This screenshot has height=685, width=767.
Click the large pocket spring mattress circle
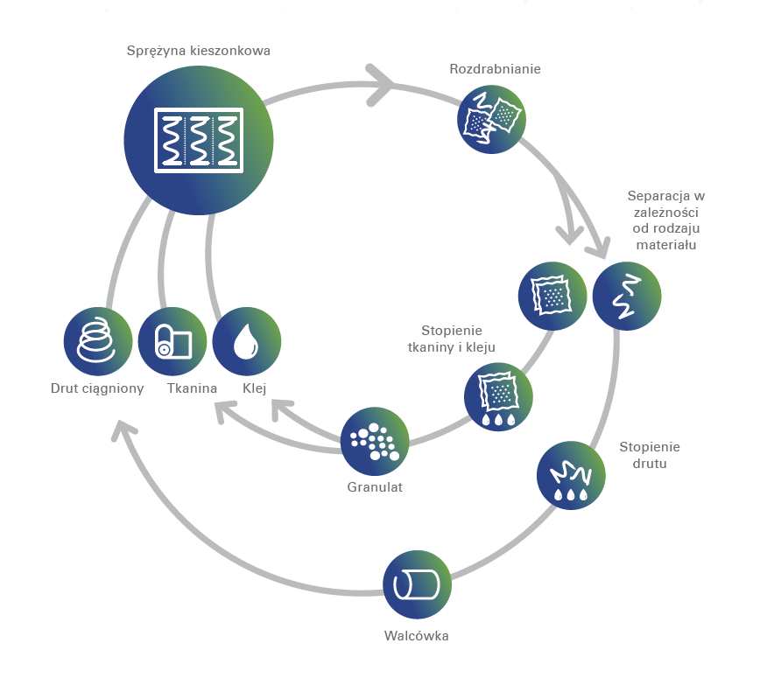coord(199,140)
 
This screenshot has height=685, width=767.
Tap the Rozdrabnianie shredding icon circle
coord(491,119)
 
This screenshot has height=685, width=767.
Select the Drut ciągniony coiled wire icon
coord(98,341)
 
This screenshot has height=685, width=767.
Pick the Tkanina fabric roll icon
coord(172,341)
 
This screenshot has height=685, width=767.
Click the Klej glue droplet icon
coord(247,341)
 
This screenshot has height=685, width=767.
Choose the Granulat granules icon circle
coord(375,441)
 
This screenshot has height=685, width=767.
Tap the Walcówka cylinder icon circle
coord(417,584)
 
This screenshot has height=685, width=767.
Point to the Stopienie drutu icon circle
coord(571,475)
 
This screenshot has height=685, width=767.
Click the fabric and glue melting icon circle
coord(498,396)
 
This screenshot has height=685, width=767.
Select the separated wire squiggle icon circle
coord(627,296)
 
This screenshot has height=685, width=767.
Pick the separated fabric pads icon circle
coord(552,296)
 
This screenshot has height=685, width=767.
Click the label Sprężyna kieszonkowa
coord(198,51)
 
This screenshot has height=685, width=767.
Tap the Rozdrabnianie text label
coord(495,69)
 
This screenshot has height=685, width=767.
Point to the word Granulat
coord(375,487)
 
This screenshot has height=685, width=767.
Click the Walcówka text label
coord(416,636)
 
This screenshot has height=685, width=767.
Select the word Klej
coord(255,388)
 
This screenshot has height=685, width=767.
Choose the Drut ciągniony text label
coord(97,389)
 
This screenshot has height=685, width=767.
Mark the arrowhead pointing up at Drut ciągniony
coord(123,430)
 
